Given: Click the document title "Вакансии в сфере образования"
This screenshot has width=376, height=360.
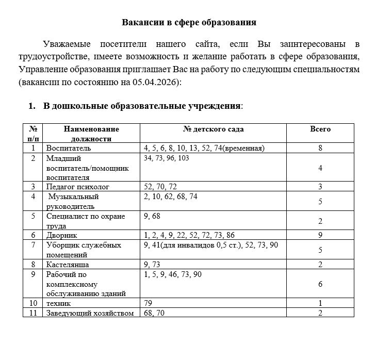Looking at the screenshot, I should point(189,22).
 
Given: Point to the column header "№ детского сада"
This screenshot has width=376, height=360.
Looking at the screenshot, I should point(214,129).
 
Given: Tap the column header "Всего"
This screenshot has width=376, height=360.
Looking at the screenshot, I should point(320,129).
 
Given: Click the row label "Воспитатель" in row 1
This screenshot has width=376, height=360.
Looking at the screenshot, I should point(69,148).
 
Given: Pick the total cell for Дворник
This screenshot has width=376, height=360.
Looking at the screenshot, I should point(320,235).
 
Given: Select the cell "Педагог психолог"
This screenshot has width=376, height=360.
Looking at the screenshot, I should point(78,187).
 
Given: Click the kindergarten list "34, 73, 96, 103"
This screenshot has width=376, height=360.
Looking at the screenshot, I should point(167,158).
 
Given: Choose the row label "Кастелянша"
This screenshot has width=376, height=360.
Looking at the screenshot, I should point(68,265).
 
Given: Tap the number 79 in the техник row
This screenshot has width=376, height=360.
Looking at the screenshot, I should point(149,303).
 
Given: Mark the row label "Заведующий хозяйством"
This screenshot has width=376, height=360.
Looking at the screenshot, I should point(90,313).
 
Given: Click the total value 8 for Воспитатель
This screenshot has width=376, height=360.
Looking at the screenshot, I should point(320,148).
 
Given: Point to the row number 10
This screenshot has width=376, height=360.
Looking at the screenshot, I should point(34,303).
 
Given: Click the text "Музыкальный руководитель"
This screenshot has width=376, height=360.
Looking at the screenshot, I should point(73,201).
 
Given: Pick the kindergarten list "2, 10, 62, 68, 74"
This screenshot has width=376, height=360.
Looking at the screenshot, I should point(171,197).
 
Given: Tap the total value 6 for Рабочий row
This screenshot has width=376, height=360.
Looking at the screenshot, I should point(320,284).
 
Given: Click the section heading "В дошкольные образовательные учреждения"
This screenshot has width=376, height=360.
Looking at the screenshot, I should point(142,106).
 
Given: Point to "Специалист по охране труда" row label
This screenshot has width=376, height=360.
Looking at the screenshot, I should point(85,221).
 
